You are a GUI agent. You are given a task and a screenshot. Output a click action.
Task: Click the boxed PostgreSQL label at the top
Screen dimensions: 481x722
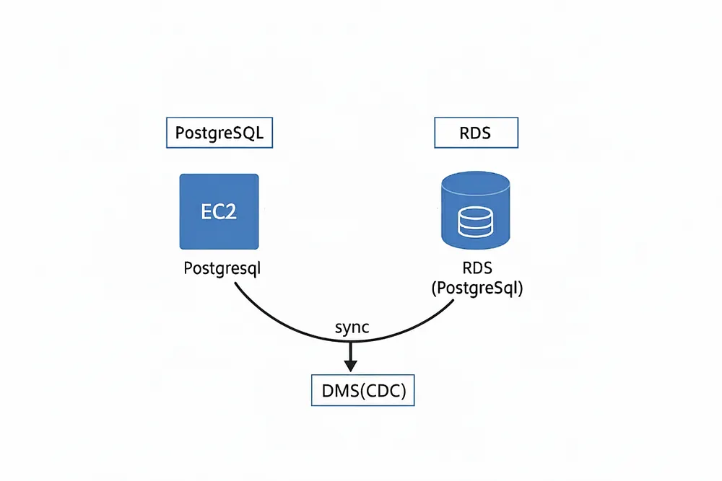pos(219,133)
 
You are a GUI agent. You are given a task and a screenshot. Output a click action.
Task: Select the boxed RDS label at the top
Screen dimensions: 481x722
pos(477,133)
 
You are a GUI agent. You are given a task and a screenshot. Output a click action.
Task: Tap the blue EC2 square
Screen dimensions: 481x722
pos(219,211)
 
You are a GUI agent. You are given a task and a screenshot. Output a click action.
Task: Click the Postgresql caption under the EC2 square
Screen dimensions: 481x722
pos(222,268)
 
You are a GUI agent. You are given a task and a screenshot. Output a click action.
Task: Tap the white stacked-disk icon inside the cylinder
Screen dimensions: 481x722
pos(476,223)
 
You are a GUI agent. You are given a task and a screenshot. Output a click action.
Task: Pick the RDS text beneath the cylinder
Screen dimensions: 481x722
pos(477,269)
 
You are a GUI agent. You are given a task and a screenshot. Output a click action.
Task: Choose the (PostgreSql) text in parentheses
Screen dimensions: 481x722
pos(477,288)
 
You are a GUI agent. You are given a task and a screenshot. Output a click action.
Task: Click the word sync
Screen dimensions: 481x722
pos(352,327)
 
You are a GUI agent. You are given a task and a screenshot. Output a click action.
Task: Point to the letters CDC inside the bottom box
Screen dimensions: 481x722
pos(382,390)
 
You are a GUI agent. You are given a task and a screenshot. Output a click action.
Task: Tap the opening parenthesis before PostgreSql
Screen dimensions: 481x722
pos(434,288)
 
